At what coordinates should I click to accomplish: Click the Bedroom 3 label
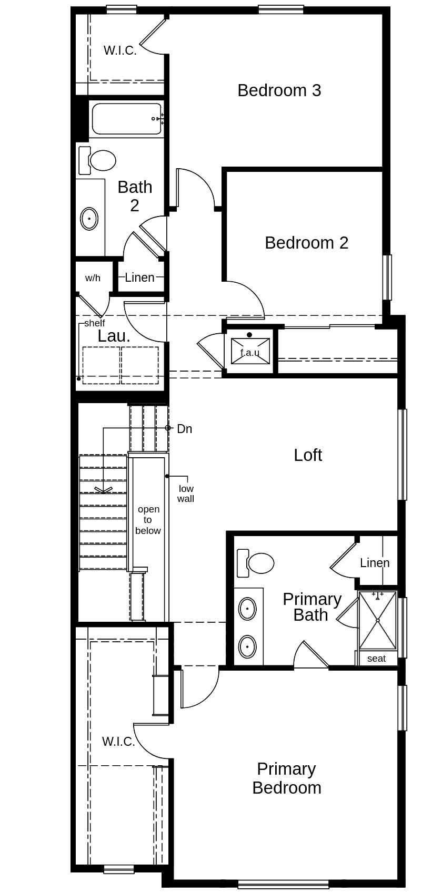(x=279, y=90)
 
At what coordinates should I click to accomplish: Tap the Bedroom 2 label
(x=307, y=243)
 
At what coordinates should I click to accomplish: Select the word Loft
(x=308, y=455)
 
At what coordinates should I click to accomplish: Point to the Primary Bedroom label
(x=287, y=778)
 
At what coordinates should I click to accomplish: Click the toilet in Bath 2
(x=97, y=160)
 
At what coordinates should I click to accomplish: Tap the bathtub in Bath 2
(x=127, y=119)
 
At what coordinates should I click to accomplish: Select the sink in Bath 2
(x=89, y=219)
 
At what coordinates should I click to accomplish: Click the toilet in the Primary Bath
(x=255, y=563)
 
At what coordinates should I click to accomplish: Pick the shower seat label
(x=376, y=659)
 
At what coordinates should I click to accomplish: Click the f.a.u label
(x=250, y=353)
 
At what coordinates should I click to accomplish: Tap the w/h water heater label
(x=93, y=278)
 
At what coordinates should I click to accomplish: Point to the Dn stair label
(x=185, y=429)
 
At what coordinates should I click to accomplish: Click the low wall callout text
(x=186, y=494)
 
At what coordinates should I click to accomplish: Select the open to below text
(x=148, y=520)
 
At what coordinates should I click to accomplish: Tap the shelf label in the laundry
(x=94, y=323)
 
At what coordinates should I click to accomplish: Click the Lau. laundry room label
(x=114, y=336)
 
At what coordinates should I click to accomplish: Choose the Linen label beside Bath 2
(x=139, y=278)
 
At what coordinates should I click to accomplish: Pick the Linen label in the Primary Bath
(x=375, y=563)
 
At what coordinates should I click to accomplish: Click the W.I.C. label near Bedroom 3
(x=120, y=50)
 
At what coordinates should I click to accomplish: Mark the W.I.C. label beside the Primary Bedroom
(x=118, y=742)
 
